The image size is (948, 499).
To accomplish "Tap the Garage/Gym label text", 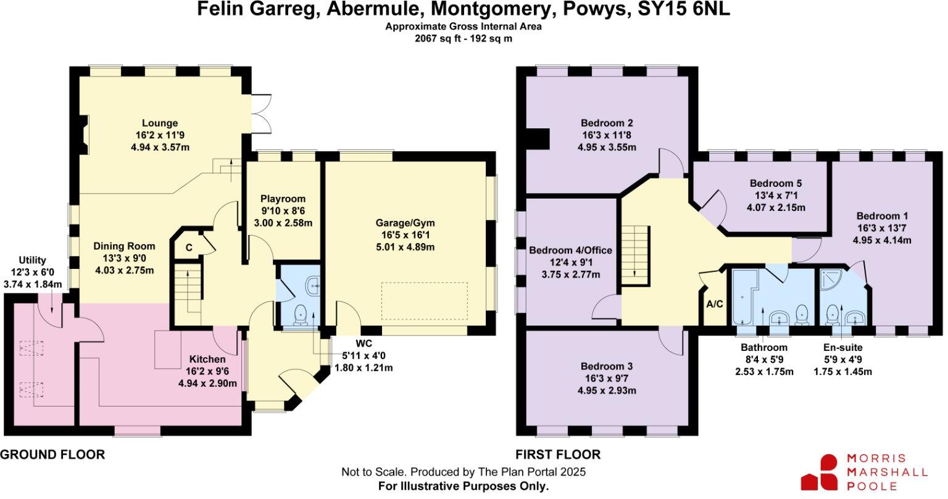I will click(405, 223).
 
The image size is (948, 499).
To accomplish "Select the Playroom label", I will click(283, 199).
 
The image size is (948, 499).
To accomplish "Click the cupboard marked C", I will click(189, 248).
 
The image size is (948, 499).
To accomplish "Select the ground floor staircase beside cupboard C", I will click(187, 290).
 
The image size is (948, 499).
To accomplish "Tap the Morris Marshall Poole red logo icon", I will click(820, 473).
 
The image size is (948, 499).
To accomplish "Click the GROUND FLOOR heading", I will click(52, 455).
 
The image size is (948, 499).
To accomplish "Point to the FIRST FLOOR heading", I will click(558, 455).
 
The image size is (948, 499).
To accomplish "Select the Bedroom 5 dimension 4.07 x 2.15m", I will click(776, 207).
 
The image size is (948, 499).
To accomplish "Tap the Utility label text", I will click(32, 261).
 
